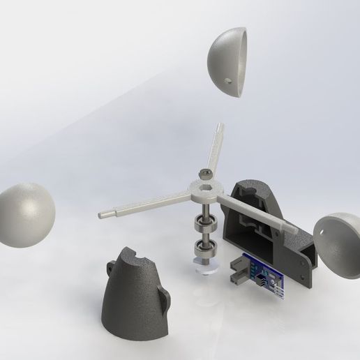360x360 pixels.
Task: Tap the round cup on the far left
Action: tap(27, 213)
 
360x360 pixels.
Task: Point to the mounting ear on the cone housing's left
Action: tap(112, 265)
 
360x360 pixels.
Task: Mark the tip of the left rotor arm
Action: tap(104, 215)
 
